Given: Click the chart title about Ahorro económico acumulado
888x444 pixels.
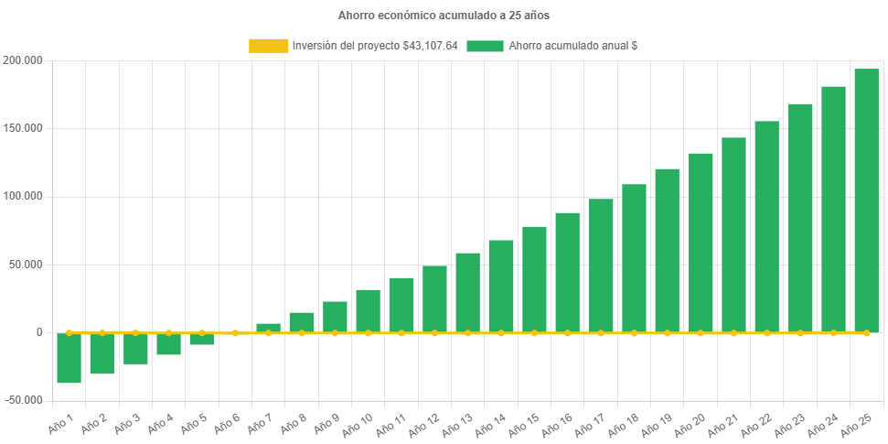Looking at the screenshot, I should [444, 16].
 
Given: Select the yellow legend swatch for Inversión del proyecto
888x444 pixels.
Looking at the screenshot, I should [267, 46].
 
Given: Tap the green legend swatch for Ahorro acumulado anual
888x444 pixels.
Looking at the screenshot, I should [485, 46].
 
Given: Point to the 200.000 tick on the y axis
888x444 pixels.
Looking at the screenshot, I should [24, 60].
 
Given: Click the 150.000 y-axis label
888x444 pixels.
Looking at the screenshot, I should [24, 128].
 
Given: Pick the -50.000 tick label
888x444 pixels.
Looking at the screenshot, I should [22, 400].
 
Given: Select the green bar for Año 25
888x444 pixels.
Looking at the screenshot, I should [866, 200].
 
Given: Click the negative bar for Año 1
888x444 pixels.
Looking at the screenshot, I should [69, 358].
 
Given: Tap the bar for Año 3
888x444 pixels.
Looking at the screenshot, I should [135, 349].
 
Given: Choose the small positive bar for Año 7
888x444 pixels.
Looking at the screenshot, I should [268, 328].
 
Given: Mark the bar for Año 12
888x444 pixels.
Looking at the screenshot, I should [434, 298].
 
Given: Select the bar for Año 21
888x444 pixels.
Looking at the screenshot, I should [733, 234].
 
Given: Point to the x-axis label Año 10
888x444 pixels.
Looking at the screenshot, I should [358, 424].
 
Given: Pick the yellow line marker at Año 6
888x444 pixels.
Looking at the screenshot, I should [235, 333].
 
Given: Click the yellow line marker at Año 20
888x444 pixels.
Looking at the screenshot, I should [701, 333].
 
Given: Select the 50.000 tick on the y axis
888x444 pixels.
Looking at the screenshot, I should [27, 265].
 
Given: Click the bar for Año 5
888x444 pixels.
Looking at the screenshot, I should [202, 339].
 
